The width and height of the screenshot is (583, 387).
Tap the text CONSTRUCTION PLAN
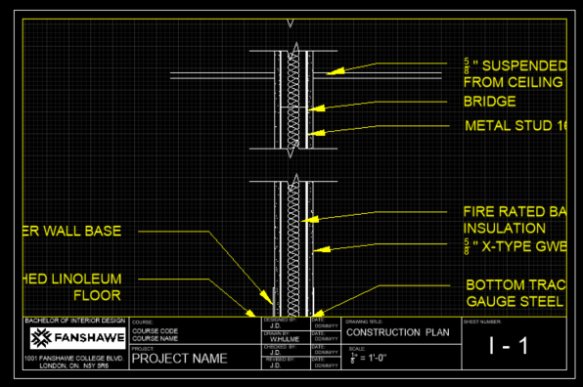pos(396,331)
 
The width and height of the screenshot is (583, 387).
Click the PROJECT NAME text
pos(179,358)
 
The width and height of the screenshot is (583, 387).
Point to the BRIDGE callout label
pos(490,101)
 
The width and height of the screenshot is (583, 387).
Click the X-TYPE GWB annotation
pos(519,246)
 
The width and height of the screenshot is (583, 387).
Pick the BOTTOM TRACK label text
pos(515,284)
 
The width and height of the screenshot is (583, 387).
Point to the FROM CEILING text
pos(513,81)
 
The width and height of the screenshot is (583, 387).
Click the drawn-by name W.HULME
pos(284,340)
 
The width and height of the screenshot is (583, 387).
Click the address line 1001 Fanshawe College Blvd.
pos(74,359)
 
